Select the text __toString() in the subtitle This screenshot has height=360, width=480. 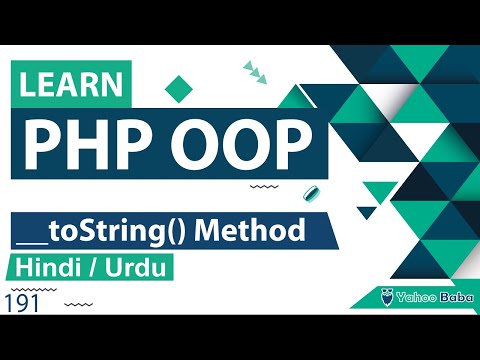108,232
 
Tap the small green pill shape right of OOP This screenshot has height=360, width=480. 311,192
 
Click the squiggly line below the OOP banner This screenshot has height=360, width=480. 263,187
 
